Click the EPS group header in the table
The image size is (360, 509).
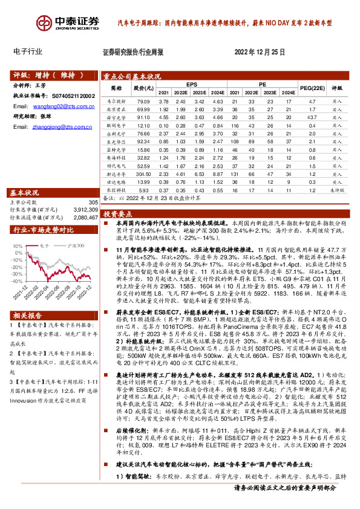click(x=192, y=84)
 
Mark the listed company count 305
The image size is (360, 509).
click(x=93, y=203)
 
